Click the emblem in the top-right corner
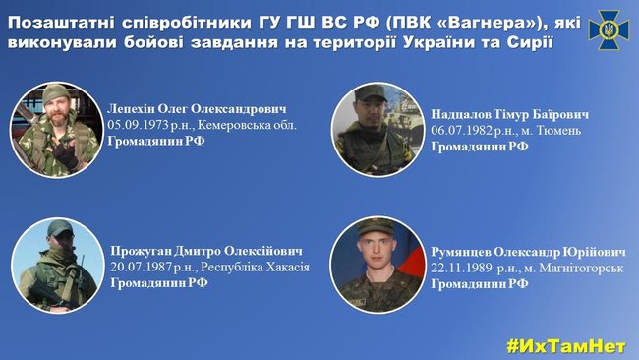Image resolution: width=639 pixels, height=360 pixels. click(609, 29)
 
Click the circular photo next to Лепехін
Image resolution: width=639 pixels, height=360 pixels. click(57, 130)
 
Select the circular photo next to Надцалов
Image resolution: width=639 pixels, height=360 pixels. click(378, 130)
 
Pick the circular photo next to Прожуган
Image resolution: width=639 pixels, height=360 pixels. click(57, 266)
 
